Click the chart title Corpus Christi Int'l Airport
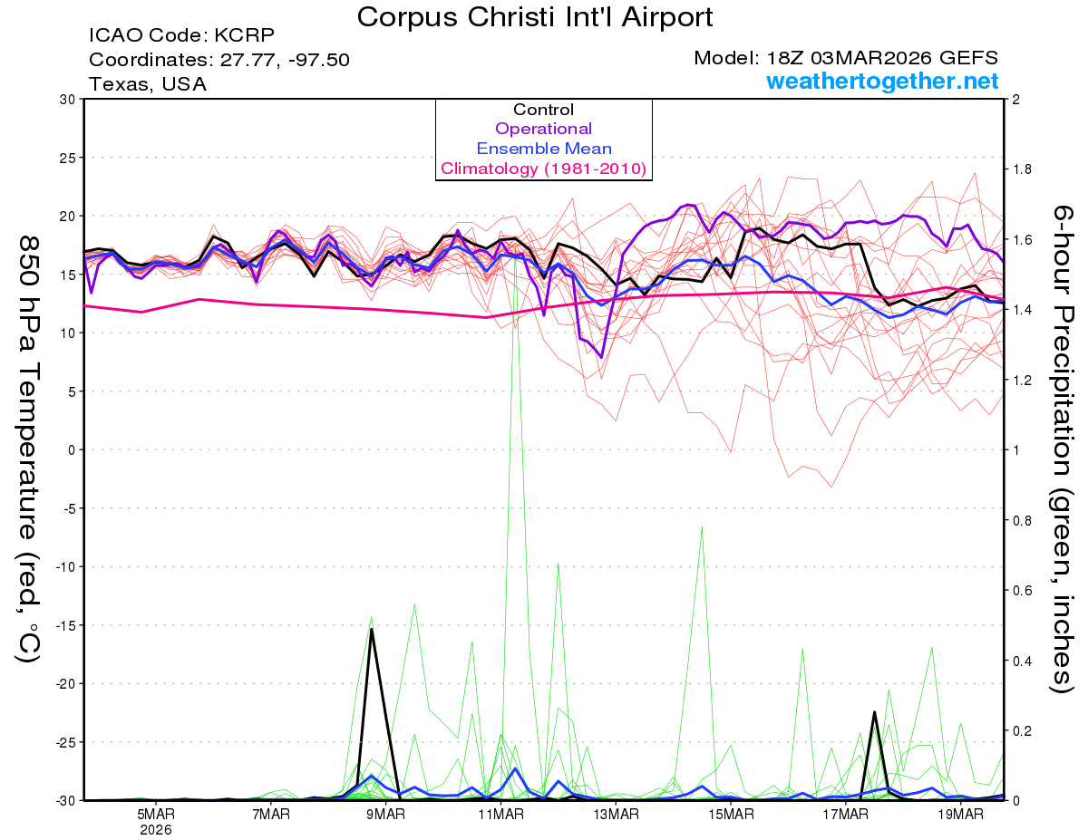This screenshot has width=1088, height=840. click(x=534, y=16)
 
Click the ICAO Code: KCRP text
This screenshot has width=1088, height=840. click(x=181, y=36)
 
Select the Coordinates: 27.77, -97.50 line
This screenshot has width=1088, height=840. click(x=219, y=60)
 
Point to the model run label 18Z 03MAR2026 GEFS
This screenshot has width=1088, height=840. click(x=846, y=58)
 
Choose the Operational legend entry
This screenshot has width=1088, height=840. click(x=543, y=129)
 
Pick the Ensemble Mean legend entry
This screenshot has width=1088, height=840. click(x=543, y=149)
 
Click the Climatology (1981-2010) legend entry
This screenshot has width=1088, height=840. click(x=543, y=169)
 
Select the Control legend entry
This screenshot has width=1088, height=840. click(x=543, y=110)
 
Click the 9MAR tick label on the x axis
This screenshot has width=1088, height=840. click(x=385, y=815)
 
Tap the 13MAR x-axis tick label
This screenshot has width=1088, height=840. click(x=615, y=815)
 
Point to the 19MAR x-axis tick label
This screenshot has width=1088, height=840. click(x=959, y=815)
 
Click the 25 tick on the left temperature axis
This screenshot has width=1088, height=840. click(x=66, y=158)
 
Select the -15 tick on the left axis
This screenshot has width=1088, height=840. click(x=63, y=625)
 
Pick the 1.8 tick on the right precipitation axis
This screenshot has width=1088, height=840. click(x=1022, y=169)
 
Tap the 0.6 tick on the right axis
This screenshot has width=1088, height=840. click(x=1022, y=591)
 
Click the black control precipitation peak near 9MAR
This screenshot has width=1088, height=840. click(x=372, y=629)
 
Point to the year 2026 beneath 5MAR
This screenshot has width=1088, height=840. click(x=156, y=829)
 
